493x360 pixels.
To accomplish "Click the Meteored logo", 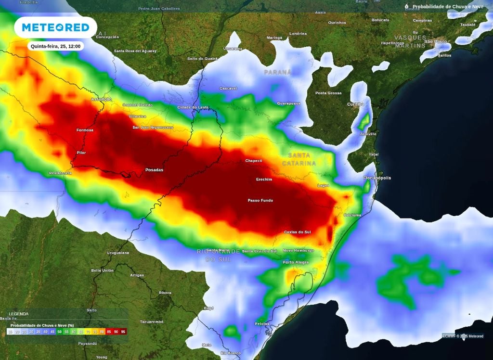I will click(x=55, y=27).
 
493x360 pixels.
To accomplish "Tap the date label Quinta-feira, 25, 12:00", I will click(x=55, y=46).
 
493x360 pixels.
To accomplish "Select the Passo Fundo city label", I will click(x=260, y=200).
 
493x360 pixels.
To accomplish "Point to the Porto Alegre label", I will click(x=296, y=262).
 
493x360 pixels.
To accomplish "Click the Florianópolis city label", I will click(x=377, y=178).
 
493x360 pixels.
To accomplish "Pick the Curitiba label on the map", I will click(x=355, y=104).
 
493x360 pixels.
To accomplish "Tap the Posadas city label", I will click(x=154, y=170).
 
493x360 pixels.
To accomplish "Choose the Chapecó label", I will click(x=254, y=161).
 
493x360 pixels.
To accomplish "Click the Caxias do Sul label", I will click(x=297, y=232).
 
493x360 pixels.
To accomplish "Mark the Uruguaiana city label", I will click(x=118, y=253).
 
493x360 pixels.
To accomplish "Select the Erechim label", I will click(x=264, y=180).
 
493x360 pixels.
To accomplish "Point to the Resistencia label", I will click(x=60, y=173).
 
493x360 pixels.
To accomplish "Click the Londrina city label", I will click(x=298, y=34).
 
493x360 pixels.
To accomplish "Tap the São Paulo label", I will click(x=435, y=41).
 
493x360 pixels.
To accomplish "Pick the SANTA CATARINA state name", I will click(x=302, y=159).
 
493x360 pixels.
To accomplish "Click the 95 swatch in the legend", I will click(x=123, y=332).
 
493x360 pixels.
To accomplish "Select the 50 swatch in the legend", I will click(x=59, y=332).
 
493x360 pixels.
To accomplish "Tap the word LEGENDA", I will click(x=19, y=314).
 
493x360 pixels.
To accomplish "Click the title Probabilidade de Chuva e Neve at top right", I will click(x=448, y=7).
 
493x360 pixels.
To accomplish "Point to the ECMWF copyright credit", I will click(x=463, y=336).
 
